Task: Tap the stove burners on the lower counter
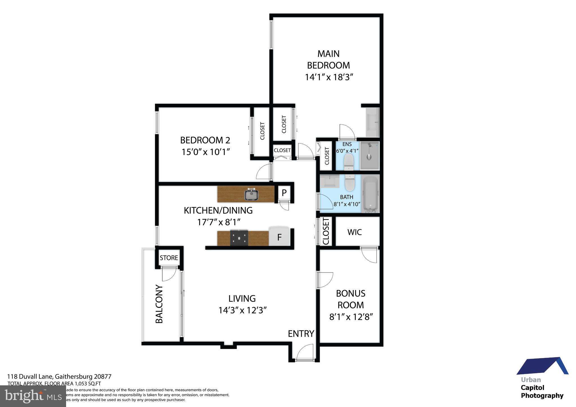pyautogui.click(x=239, y=238)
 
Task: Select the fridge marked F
pyautogui.click(x=279, y=237)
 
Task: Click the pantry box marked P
pyautogui.click(x=284, y=193)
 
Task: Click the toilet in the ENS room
pyautogui.click(x=348, y=162)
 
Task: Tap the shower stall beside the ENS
pyautogui.click(x=370, y=156)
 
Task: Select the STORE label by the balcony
pyautogui.click(x=169, y=258)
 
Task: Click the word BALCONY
pyautogui.click(x=159, y=304)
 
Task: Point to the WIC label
pyautogui.click(x=354, y=232)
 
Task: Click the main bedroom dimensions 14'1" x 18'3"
pyautogui.click(x=329, y=77)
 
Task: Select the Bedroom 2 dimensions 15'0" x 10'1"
pyautogui.click(x=206, y=152)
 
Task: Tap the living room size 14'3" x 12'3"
pyautogui.click(x=242, y=310)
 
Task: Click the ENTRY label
pyautogui.click(x=301, y=334)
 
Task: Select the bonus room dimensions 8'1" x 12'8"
pyautogui.click(x=351, y=317)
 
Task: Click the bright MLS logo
pyautogui.click(x=33, y=396)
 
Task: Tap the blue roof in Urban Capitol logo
pyautogui.click(x=542, y=367)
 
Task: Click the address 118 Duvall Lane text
pyautogui.click(x=59, y=376)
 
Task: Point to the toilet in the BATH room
pyautogui.click(x=350, y=183)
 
